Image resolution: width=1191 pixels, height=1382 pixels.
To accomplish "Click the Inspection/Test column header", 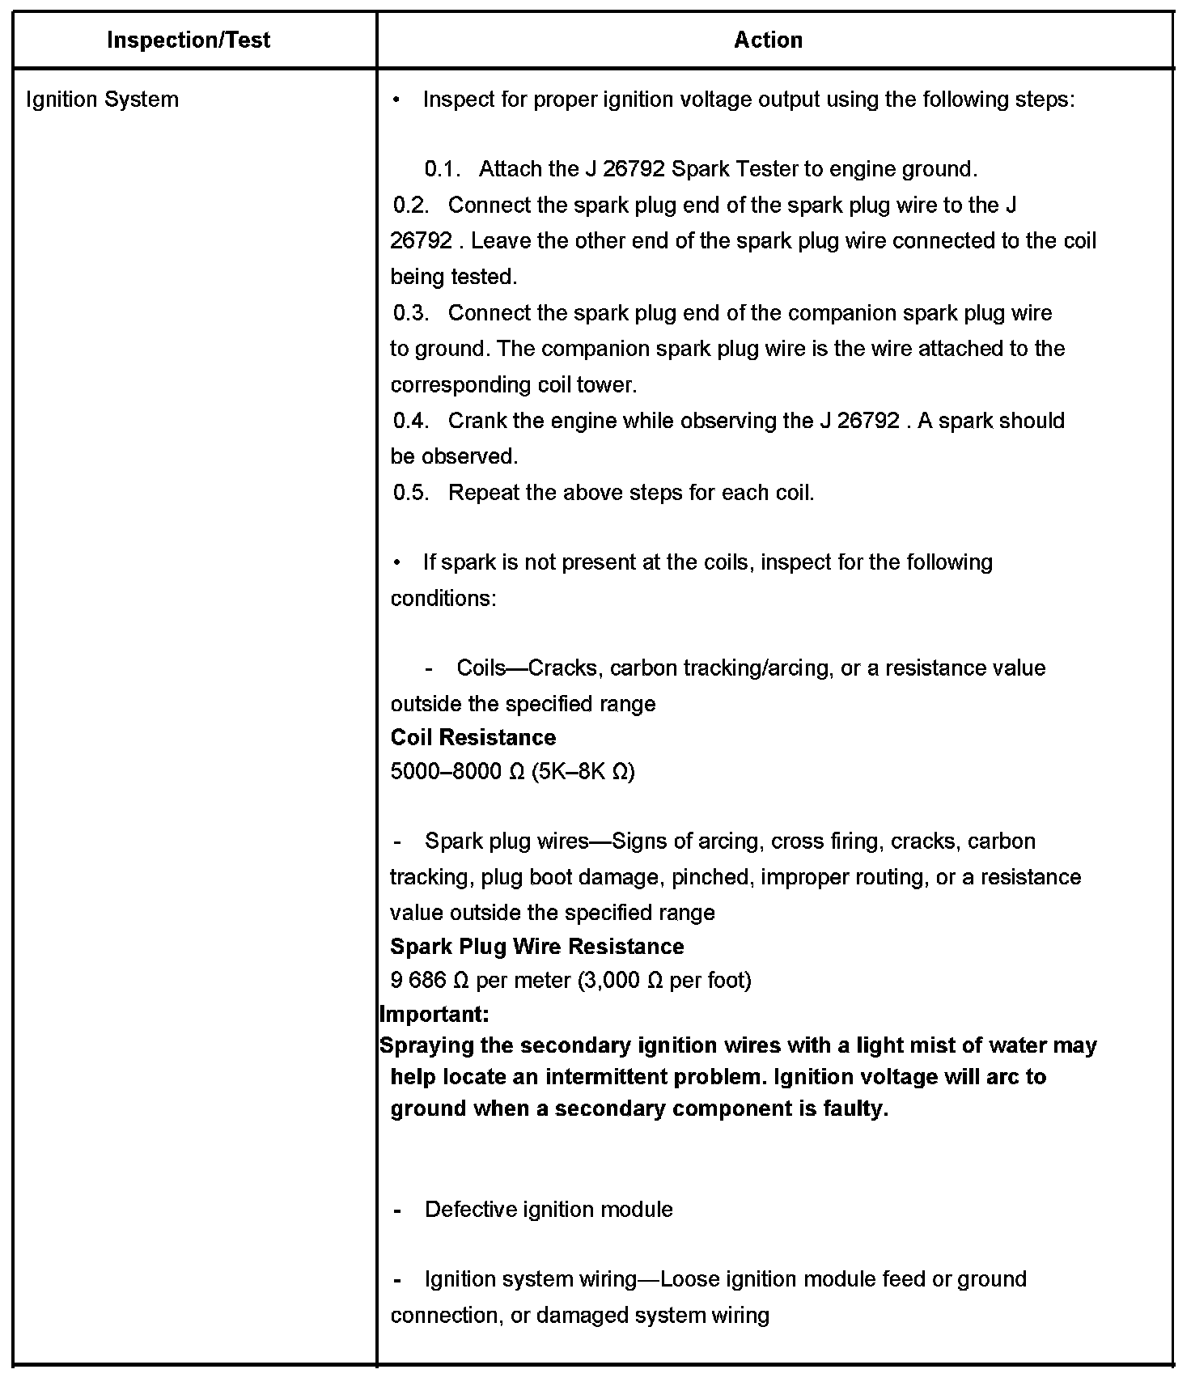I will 189,40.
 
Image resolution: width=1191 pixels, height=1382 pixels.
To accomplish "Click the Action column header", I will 768,40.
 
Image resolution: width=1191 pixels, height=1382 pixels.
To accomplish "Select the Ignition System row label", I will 102,100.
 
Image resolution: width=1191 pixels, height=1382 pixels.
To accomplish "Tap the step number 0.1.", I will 442,169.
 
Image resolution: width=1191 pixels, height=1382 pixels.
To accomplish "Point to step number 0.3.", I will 411,313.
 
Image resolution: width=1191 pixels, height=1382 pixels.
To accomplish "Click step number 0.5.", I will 411,493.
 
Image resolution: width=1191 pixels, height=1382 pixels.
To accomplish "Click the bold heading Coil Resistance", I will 473,738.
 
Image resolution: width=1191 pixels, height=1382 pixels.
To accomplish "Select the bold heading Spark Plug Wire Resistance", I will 537,947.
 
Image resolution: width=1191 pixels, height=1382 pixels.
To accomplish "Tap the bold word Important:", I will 434,1015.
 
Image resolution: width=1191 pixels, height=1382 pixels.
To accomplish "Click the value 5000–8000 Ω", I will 458,772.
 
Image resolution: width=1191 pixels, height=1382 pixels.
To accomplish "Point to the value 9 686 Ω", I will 430,981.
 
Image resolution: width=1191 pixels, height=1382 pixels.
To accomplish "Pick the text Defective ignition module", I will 549,1210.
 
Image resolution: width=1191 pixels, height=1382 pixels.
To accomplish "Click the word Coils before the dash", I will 481,668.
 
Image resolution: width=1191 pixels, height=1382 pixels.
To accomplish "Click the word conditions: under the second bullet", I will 443,599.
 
